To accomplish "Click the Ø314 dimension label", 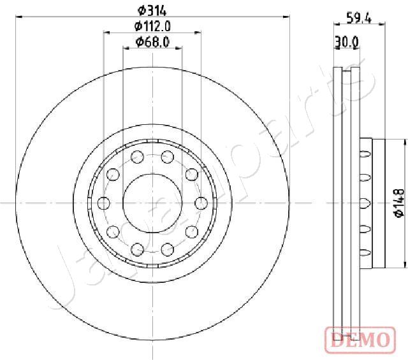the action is coord(152,11).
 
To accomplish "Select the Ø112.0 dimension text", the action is coord(152,26).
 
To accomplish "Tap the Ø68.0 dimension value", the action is coord(152,42).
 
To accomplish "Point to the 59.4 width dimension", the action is coord(359,18).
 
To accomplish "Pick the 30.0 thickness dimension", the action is coord(347,41).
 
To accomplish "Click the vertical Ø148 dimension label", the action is coord(399,203).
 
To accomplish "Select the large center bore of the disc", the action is coord(152,203).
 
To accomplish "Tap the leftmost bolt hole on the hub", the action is coord(103,203).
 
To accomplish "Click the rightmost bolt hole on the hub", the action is coord(201,203).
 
